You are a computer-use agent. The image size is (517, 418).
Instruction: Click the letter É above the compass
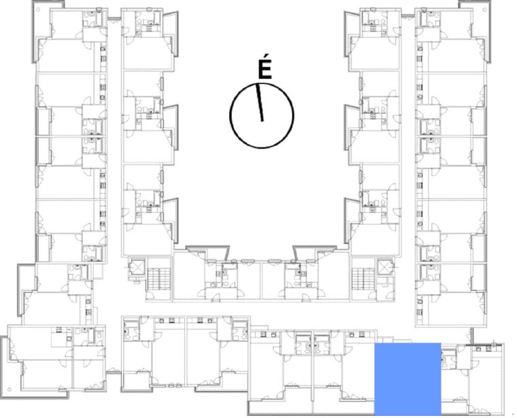265,69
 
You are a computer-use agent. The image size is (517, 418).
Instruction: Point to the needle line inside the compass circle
260,102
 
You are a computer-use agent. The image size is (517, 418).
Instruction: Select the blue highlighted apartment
407,379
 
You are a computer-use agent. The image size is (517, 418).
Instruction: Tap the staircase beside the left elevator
159,279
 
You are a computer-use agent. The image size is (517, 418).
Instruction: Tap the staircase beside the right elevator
363,279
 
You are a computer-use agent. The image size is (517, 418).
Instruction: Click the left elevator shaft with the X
137,268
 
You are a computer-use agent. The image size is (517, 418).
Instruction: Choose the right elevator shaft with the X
385,268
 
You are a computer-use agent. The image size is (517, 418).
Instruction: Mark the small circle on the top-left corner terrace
38,10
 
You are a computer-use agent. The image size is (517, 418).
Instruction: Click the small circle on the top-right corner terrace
486,10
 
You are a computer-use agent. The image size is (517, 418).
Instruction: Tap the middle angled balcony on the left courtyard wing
171,128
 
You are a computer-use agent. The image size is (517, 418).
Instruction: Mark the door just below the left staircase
151,296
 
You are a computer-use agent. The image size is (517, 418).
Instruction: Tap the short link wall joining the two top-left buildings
114,18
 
